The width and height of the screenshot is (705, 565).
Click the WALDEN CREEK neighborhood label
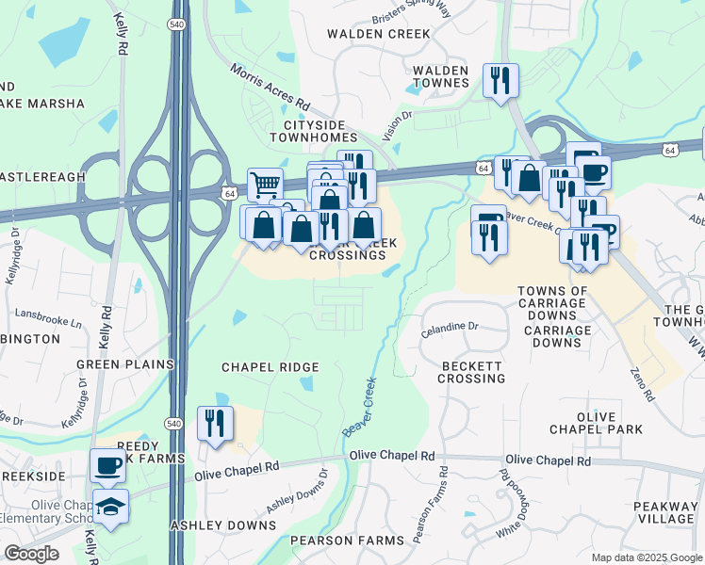coord(378,34)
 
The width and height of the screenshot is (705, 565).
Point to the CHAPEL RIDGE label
coord(270,366)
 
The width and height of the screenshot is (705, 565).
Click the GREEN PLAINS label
coord(125,364)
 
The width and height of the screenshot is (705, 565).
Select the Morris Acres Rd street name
coord(271,85)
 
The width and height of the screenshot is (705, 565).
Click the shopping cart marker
coord(266,185)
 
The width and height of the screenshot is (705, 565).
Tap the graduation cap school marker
coord(110,508)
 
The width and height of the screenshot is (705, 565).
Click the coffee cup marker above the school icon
coord(107,465)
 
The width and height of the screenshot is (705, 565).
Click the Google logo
coord(31,554)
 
